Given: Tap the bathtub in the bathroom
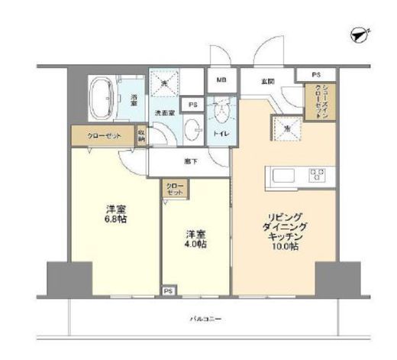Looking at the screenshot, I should (x=102, y=98).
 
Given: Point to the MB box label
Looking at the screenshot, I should (x=221, y=79).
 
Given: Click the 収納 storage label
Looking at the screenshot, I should (x=141, y=135).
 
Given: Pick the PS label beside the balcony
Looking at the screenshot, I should (x=167, y=291).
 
